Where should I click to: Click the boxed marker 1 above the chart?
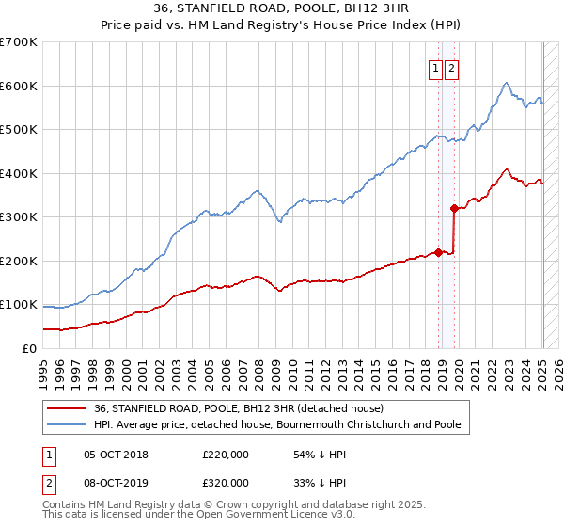[437, 67]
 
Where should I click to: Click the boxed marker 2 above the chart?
[452, 67]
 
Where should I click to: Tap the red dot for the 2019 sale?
[454, 208]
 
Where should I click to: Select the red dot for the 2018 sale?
[438, 252]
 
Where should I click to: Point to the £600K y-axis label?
[19, 86]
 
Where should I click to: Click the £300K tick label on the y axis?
[19, 217]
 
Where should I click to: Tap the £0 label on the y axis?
[29, 348]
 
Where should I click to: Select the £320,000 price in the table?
[226, 483]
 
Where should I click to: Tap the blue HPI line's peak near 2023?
[506, 83]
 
